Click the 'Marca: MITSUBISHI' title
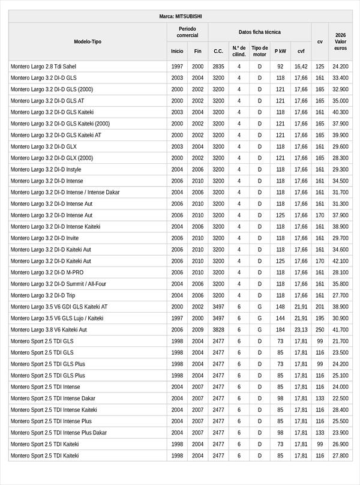point(180,16)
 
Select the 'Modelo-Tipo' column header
point(88,41)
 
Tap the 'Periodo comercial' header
point(187,32)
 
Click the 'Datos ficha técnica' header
point(259,32)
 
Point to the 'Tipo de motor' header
point(260,51)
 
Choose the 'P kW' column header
point(280,52)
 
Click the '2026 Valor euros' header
point(340,41)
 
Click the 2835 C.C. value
point(218,67)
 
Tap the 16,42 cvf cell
point(301,67)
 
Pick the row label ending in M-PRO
point(47,273)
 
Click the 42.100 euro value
point(340,261)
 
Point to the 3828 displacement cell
point(218,330)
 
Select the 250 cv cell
point(320,330)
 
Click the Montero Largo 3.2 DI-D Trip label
point(43,295)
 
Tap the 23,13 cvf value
point(301,330)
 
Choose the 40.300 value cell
point(340,112)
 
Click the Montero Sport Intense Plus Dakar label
point(59,433)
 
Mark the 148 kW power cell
point(280,307)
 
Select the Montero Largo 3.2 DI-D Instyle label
point(46,169)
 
